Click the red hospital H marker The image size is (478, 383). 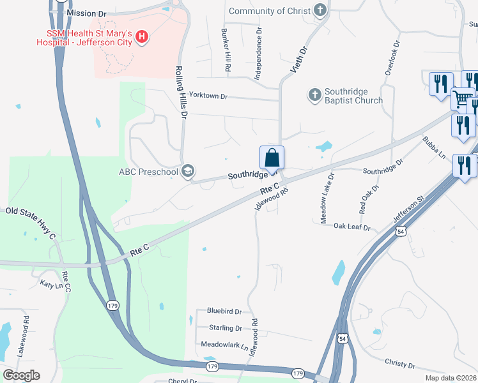[x=142, y=38]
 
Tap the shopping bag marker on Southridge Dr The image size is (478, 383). [x=272, y=157]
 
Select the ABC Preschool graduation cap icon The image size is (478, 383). [x=188, y=171]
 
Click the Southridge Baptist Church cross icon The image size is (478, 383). [x=314, y=95]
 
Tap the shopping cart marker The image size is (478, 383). [x=463, y=99]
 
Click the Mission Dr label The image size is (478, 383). [x=86, y=13]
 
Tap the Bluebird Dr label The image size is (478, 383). [x=224, y=312]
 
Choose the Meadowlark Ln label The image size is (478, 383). [x=224, y=344]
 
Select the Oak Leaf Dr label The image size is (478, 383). [x=352, y=225]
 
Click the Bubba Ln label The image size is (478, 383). [x=434, y=147]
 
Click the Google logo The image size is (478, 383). [x=21, y=375]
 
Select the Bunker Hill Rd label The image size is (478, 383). [x=226, y=49]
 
